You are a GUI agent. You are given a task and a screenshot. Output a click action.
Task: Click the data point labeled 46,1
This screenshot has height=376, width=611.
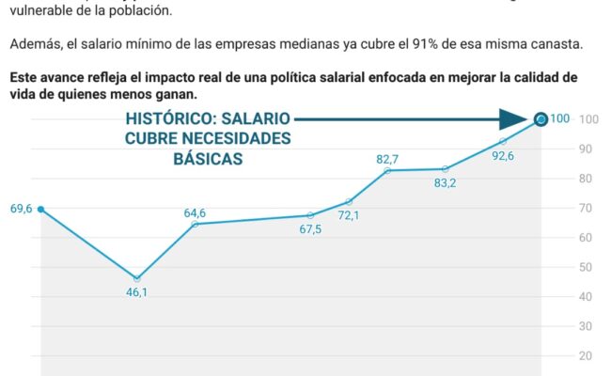click(137, 279)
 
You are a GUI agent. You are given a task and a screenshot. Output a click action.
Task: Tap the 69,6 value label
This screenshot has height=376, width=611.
click(21, 209)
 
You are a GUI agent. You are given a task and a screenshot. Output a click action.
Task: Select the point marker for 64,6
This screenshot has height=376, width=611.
click(195, 224)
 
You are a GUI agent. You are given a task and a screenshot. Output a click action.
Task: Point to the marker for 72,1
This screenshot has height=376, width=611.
click(349, 202)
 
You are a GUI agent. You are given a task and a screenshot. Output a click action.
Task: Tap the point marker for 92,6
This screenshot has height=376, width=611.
click(503, 142)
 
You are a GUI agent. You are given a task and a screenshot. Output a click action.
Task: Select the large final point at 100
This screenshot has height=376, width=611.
click(540, 118)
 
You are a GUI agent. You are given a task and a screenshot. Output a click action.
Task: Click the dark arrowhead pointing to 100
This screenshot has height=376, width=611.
click(512, 118)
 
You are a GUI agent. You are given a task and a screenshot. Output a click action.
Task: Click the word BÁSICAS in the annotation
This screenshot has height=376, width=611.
click(208, 159)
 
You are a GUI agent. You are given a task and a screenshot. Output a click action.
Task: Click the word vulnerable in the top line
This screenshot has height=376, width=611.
click(43, 11)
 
